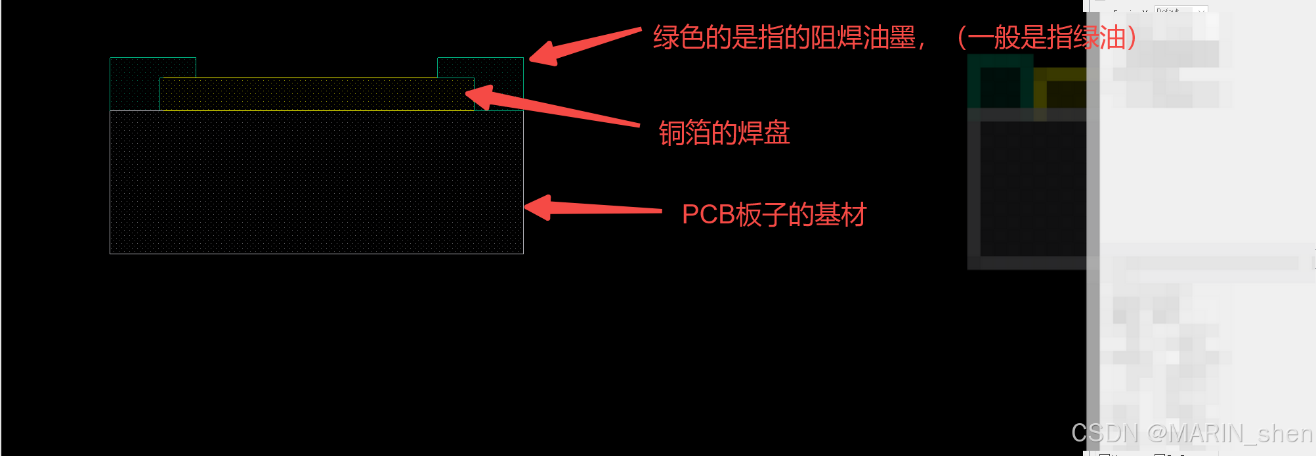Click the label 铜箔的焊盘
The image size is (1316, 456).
[724, 133]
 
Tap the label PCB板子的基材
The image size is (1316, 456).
[774, 215]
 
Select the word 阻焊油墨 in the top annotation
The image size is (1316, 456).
[862, 38]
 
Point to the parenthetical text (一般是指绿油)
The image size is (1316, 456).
[1046, 38]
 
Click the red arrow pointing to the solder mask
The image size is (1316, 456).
[584, 45]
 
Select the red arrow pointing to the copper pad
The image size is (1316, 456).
[551, 106]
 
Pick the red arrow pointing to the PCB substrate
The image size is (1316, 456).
[591, 208]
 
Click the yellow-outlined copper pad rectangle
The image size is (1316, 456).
[315, 95]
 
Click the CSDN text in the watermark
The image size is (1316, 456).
[1104, 434]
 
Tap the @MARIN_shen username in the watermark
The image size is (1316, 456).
[1229, 434]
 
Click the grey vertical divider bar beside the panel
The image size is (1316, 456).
[1092, 230]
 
